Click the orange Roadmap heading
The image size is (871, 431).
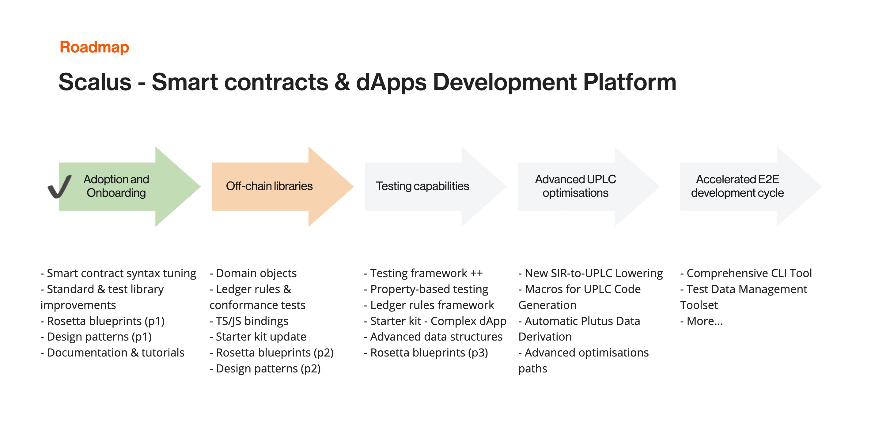click(x=94, y=47)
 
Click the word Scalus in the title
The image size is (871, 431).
click(x=95, y=82)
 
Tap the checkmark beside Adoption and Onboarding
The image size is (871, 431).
click(x=59, y=186)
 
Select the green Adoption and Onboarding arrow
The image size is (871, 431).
click(x=130, y=186)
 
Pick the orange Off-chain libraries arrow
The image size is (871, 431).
click(x=283, y=186)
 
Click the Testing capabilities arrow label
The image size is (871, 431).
click(x=422, y=186)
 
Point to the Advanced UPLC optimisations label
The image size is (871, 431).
click(x=575, y=186)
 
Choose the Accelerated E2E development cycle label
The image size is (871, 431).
click(x=737, y=186)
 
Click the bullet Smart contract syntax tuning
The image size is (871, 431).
click(x=118, y=273)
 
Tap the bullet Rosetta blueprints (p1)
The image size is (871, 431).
click(x=102, y=321)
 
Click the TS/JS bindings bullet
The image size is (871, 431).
click(x=249, y=321)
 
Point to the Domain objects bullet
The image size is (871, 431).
click(x=253, y=273)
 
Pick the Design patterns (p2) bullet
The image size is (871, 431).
click(x=265, y=368)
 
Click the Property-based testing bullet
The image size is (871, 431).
click(x=426, y=289)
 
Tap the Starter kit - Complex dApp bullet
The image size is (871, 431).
click(x=435, y=321)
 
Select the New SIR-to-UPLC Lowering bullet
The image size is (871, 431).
click(x=591, y=273)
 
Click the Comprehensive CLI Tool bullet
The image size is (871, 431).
click(x=746, y=273)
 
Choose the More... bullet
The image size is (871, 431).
click(x=702, y=321)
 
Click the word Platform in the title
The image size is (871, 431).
click(x=630, y=82)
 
